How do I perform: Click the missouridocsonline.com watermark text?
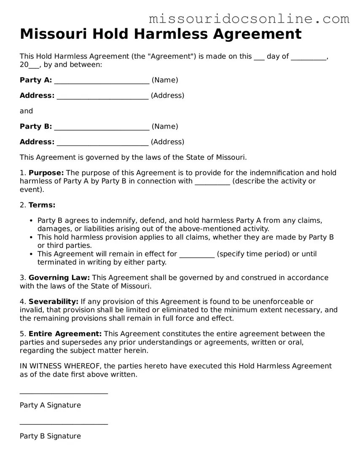[249, 19]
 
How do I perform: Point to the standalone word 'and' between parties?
[26, 111]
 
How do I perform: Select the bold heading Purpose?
[46, 172]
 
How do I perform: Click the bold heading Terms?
[42, 205]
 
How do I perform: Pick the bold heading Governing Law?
[59, 277]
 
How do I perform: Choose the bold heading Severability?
[54, 301]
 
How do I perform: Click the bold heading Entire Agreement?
[65, 334]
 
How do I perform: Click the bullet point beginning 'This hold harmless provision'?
[32, 237]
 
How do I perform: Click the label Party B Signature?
[50, 436]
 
